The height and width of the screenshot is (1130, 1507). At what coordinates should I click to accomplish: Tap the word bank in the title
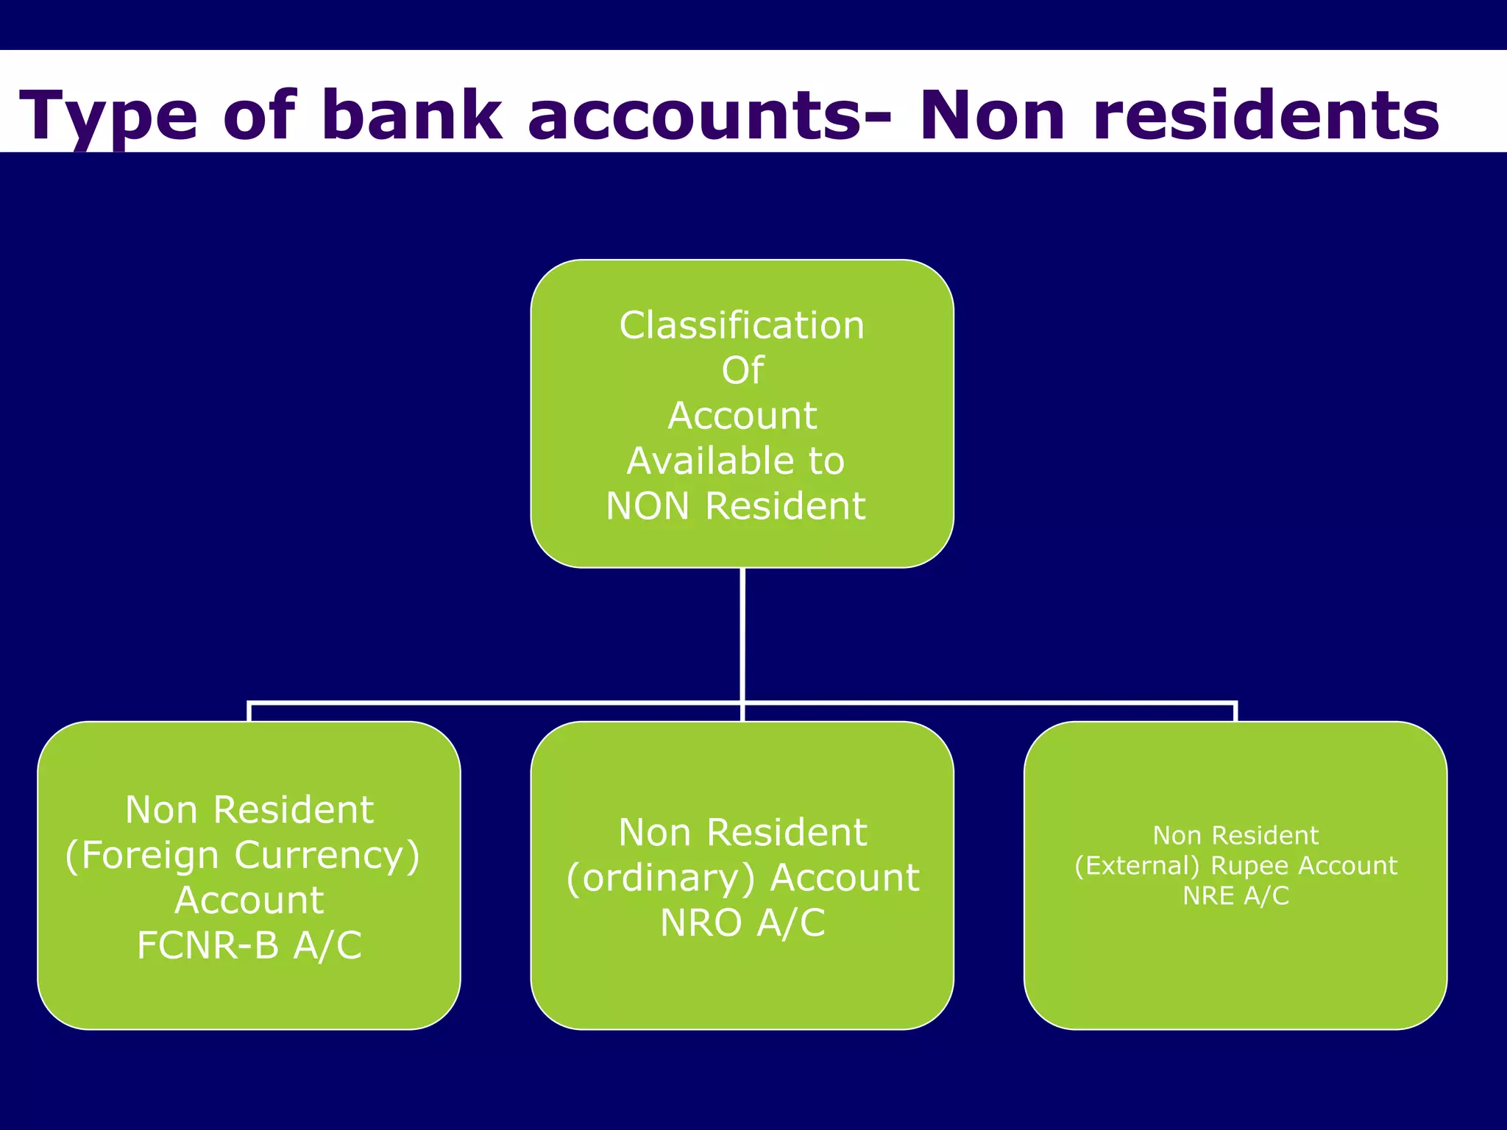(412, 115)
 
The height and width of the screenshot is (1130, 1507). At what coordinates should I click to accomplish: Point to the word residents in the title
(1266, 115)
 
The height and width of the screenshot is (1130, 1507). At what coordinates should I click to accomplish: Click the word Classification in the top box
(742, 325)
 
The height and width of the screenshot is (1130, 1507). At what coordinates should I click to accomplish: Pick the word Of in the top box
(742, 370)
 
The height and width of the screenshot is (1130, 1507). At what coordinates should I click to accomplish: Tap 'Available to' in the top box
(736, 461)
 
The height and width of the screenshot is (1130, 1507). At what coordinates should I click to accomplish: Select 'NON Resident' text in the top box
(736, 506)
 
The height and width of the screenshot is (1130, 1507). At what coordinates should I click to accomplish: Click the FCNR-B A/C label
(249, 945)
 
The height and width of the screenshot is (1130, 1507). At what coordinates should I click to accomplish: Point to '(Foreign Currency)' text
(243, 855)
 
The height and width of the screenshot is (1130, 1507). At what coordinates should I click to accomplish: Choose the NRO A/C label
(742, 923)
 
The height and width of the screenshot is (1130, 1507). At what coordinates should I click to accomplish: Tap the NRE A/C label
(1235, 896)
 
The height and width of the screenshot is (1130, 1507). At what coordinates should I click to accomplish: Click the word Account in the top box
(742, 416)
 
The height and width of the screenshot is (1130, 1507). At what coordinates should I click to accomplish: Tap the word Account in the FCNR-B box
(249, 900)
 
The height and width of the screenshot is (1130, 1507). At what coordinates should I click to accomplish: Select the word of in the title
(259, 115)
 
